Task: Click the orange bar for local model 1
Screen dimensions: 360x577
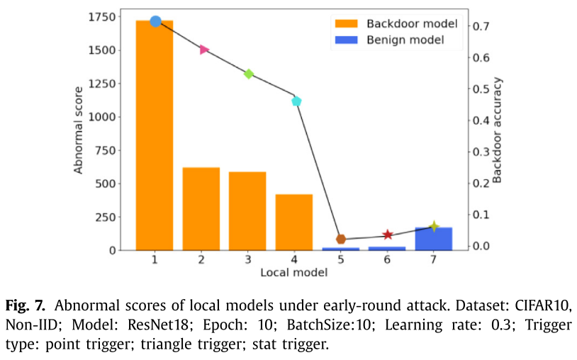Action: click(x=155, y=135)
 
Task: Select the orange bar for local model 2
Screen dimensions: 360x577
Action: click(x=201, y=208)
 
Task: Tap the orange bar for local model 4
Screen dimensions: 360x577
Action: click(x=294, y=222)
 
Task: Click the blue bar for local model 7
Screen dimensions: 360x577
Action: click(x=434, y=239)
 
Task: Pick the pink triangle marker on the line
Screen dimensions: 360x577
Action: click(x=204, y=50)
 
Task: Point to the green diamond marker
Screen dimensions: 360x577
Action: click(x=249, y=74)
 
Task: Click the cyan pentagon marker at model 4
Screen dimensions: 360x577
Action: click(x=296, y=101)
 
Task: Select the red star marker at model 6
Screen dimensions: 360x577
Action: click(x=388, y=235)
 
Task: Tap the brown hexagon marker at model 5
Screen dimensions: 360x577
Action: click(x=341, y=240)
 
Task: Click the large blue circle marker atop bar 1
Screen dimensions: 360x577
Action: click(x=155, y=21)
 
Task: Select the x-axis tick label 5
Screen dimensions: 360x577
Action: click(x=341, y=259)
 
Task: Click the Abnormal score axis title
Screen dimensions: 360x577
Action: click(x=79, y=130)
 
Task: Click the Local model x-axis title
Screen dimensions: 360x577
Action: click(x=293, y=272)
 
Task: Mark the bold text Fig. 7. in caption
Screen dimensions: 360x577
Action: click(x=26, y=307)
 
